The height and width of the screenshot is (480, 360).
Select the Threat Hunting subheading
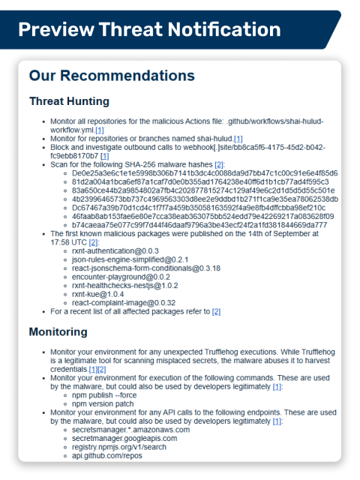(69, 101)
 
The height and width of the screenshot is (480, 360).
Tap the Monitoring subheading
(58, 331)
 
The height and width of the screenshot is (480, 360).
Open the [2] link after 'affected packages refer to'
(216, 310)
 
